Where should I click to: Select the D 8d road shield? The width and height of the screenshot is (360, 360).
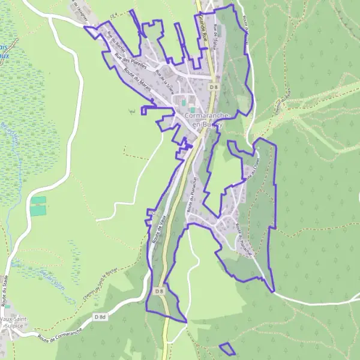(100, 316)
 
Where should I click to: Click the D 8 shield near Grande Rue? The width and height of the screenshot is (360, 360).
(214, 87)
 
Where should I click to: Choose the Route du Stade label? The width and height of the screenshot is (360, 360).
(5, 299)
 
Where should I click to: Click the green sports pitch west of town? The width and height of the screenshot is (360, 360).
(38, 206)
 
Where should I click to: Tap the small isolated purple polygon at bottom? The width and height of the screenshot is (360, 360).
(227, 349)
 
